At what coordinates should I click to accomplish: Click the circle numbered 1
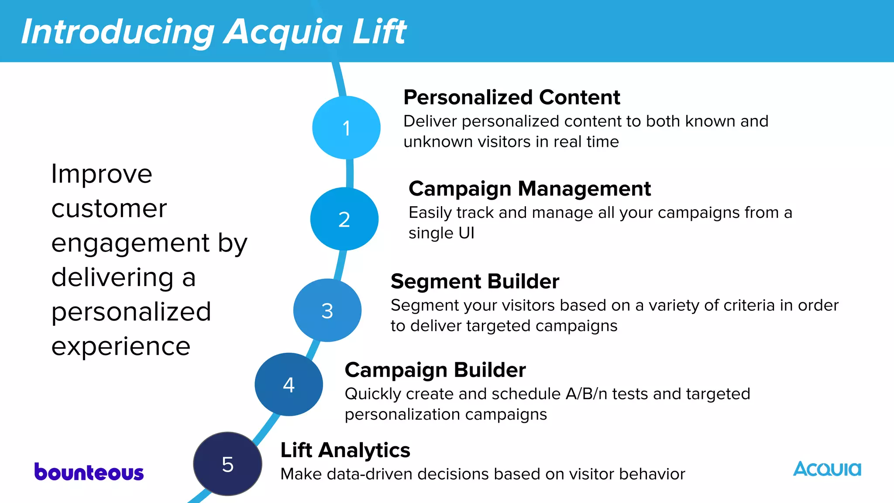(x=346, y=127)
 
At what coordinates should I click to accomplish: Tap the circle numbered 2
(x=344, y=219)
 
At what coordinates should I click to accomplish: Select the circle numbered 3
(x=327, y=310)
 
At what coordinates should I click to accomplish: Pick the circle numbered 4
(x=289, y=384)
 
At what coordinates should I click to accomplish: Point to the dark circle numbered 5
(x=227, y=464)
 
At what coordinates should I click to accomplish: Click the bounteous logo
(x=89, y=472)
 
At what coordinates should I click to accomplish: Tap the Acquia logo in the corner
(x=827, y=469)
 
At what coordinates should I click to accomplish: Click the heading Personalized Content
(x=512, y=97)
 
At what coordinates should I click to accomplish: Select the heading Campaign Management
(x=530, y=189)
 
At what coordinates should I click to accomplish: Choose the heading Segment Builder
(x=475, y=281)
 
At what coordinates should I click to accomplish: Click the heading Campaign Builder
(x=435, y=370)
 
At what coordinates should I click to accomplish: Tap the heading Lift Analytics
(x=345, y=450)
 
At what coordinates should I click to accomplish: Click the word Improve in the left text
(x=102, y=174)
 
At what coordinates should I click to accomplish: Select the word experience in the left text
(x=121, y=347)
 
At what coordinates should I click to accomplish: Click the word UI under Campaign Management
(x=466, y=233)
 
